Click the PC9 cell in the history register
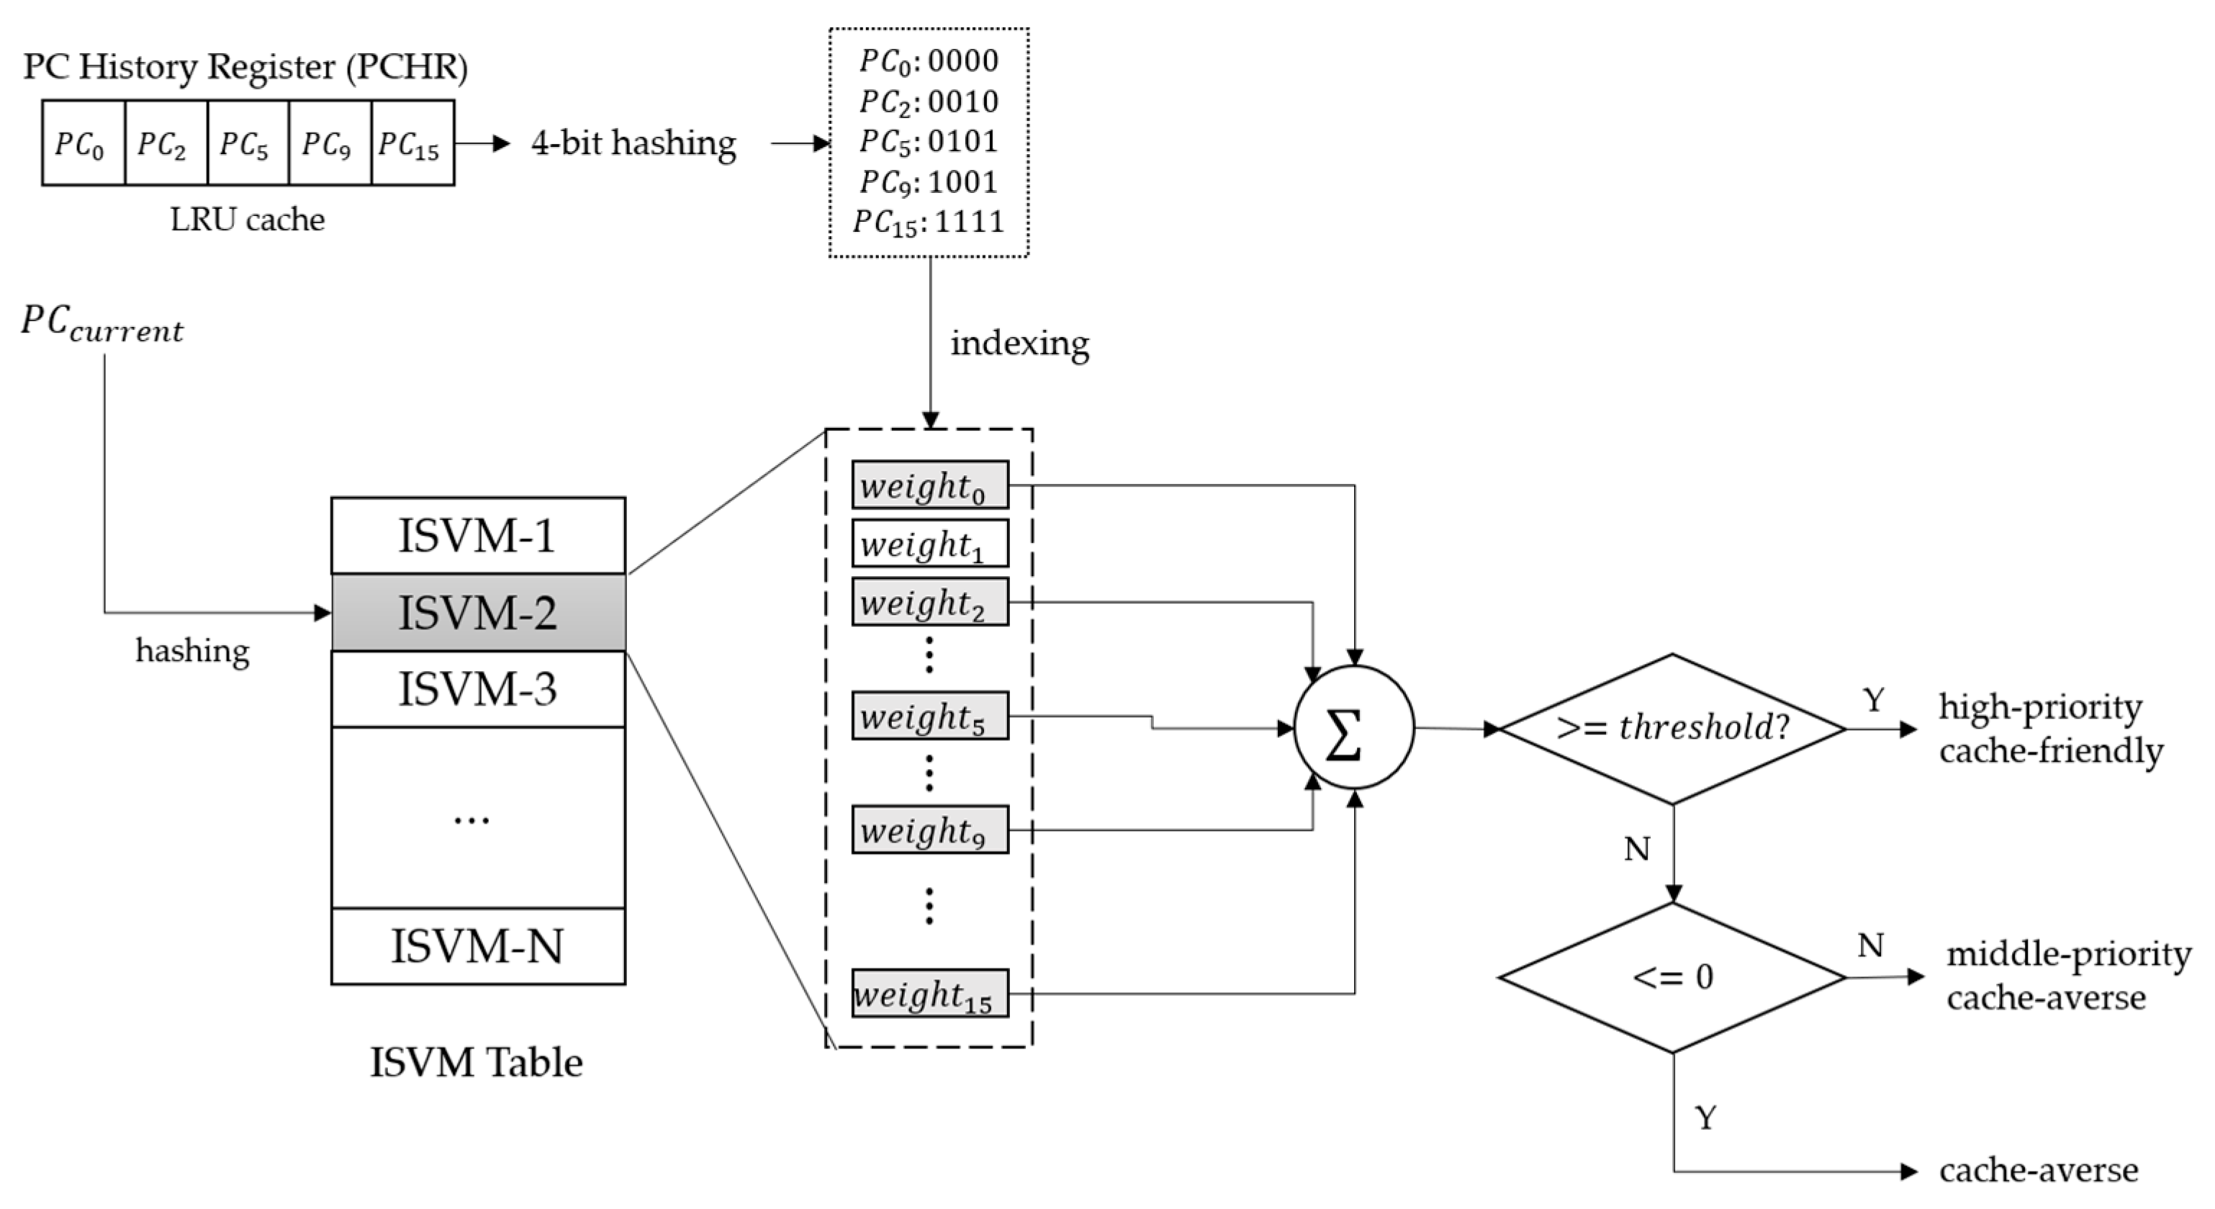(329, 143)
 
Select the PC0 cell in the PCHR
(83, 143)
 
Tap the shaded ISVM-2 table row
(478, 612)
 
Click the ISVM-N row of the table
(478, 946)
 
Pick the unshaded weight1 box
(929, 544)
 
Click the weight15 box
(929, 994)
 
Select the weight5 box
(929, 716)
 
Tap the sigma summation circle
(1353, 727)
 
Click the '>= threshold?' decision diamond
(1672, 728)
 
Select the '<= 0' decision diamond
(1672, 977)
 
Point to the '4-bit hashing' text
(633, 143)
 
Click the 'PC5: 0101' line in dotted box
(929, 141)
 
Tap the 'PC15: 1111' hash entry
(929, 222)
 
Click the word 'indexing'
(1020, 343)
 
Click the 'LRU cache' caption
(247, 220)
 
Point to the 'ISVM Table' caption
(477, 1063)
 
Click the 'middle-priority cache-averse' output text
(2067, 975)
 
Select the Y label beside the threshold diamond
(1873, 700)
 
